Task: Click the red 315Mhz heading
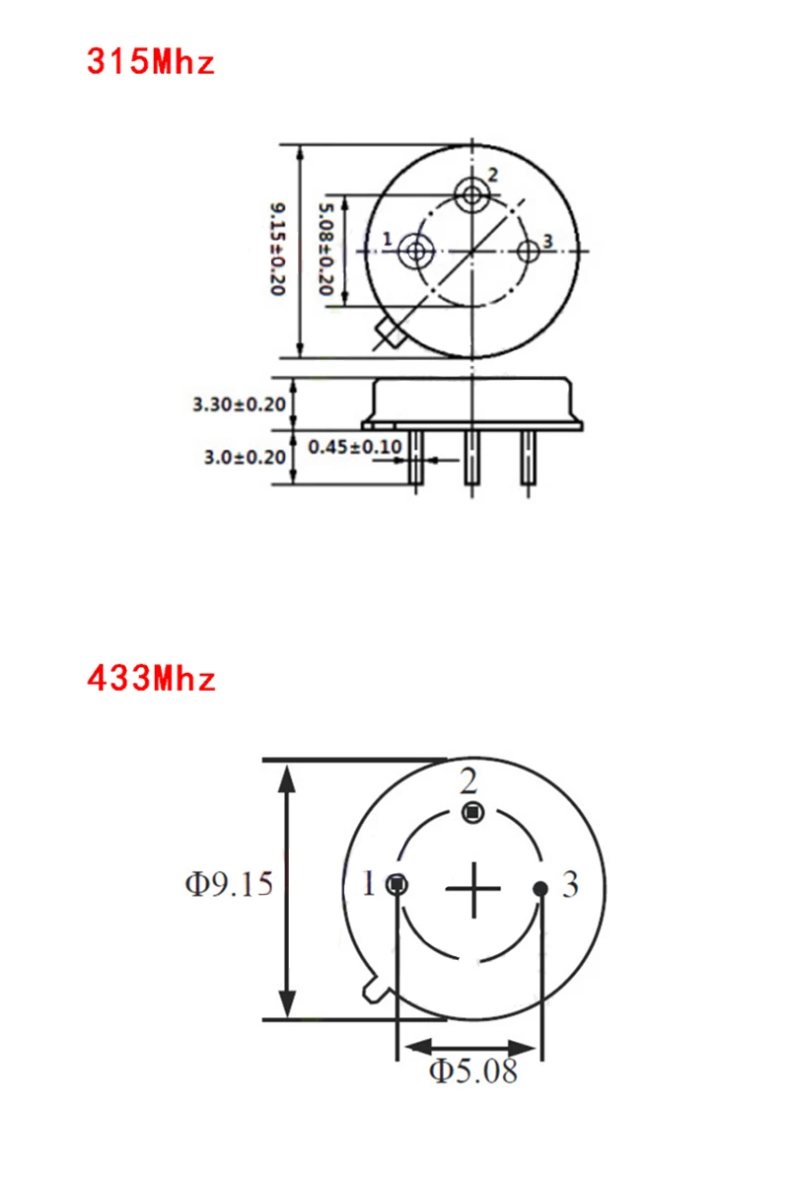151,62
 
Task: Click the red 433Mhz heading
151,678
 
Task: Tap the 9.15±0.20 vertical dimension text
278,249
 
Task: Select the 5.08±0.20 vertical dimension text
325,249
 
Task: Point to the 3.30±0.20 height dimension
239,405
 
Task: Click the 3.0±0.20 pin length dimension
245,457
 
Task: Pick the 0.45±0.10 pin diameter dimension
355,447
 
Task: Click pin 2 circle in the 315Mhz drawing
471,195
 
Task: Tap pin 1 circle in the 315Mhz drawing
416,251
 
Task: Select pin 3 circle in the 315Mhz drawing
528,252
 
